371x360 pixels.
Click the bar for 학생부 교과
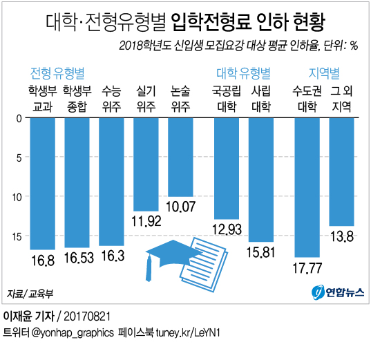42,183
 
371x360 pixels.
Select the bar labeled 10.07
180,157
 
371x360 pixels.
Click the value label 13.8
342,237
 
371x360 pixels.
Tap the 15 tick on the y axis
18,236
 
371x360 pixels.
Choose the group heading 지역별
323,73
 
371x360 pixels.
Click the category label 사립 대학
260,98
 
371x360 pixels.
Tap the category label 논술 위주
180,98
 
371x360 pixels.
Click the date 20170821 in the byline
84,316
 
